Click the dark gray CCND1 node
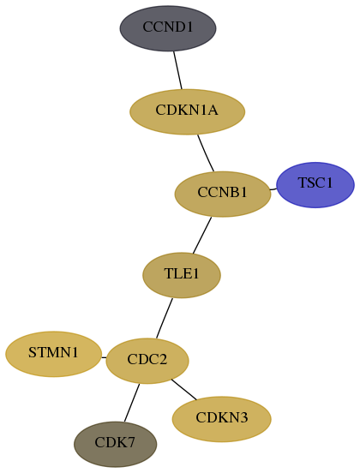(x=168, y=28)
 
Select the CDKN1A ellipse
(x=187, y=111)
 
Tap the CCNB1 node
(x=223, y=194)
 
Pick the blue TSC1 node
(x=315, y=185)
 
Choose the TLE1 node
(x=182, y=275)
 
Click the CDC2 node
(x=147, y=361)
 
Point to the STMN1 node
(x=53, y=354)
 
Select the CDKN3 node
(x=221, y=419)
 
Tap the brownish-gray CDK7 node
(x=115, y=444)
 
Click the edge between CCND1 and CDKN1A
(x=177, y=70)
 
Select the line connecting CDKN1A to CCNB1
(x=206, y=153)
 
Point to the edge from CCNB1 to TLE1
(x=202, y=235)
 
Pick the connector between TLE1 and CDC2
(x=165, y=318)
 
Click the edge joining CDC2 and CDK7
(x=132, y=403)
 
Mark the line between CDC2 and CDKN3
(x=183, y=389)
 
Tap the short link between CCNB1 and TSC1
(x=273, y=189)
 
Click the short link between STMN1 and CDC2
(x=104, y=358)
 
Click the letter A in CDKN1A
(x=213, y=110)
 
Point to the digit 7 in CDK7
(x=130, y=442)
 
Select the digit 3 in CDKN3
(x=243, y=417)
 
